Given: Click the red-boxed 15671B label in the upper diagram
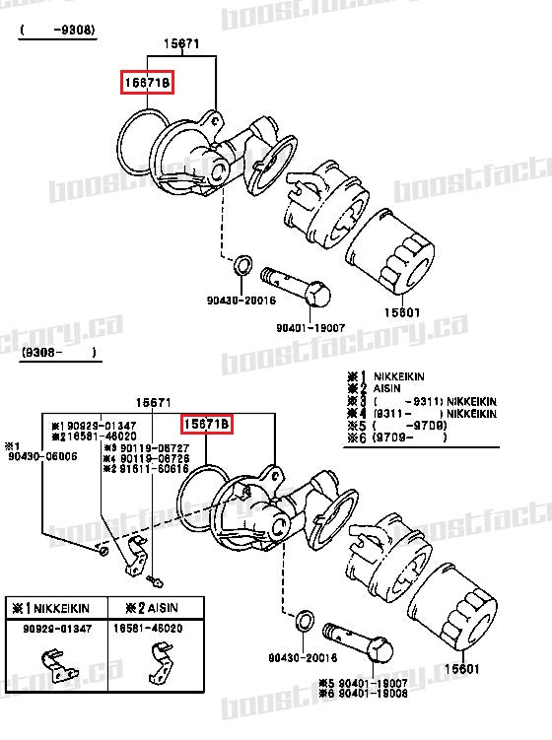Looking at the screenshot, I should tap(146, 83).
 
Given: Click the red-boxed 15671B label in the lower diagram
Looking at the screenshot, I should tap(206, 425).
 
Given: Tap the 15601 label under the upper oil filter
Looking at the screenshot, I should tap(401, 313).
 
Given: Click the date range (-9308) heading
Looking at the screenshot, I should tap(58, 31).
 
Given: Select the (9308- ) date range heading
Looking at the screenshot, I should tap(58, 351).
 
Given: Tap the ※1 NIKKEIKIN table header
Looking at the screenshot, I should tap(49, 609).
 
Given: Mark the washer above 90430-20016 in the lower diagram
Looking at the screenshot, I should tap(305, 622).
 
